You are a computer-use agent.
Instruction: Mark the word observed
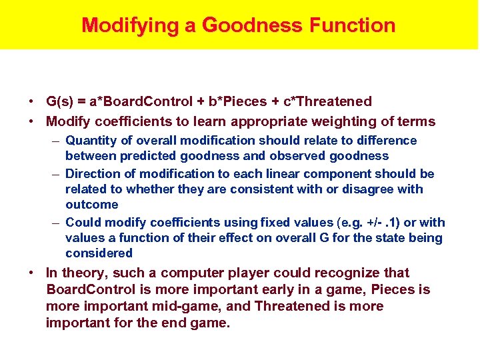coord(307,156)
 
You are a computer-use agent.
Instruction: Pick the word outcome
coord(92,205)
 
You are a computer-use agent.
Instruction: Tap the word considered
coord(99,253)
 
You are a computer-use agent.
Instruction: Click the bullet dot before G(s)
coord(31,102)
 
